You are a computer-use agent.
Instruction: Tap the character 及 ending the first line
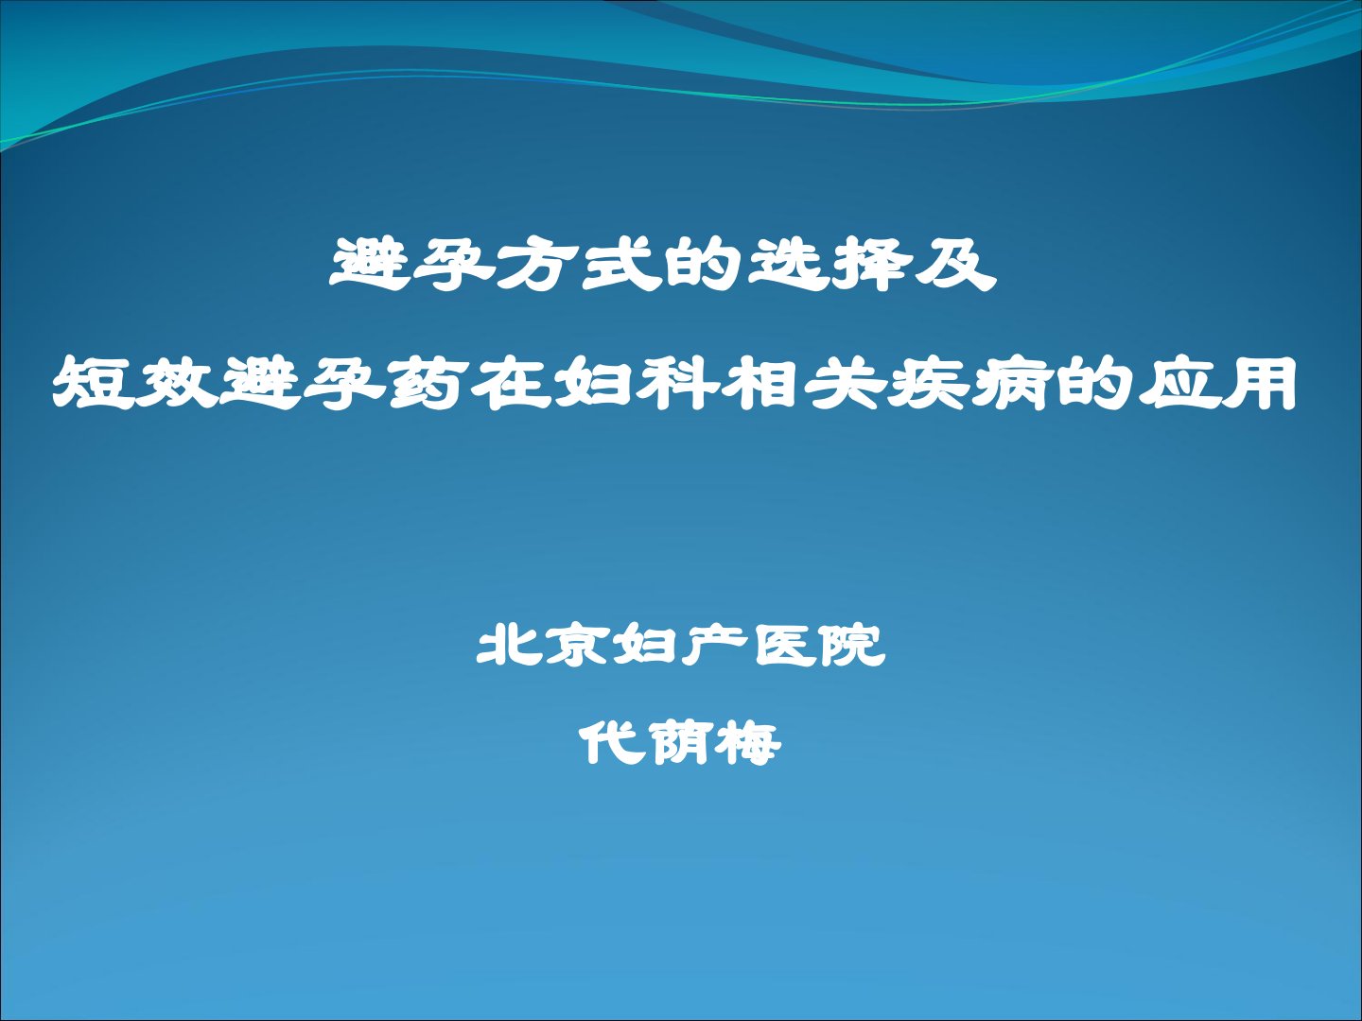coord(955,265)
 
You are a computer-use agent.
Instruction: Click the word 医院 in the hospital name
coord(818,646)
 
